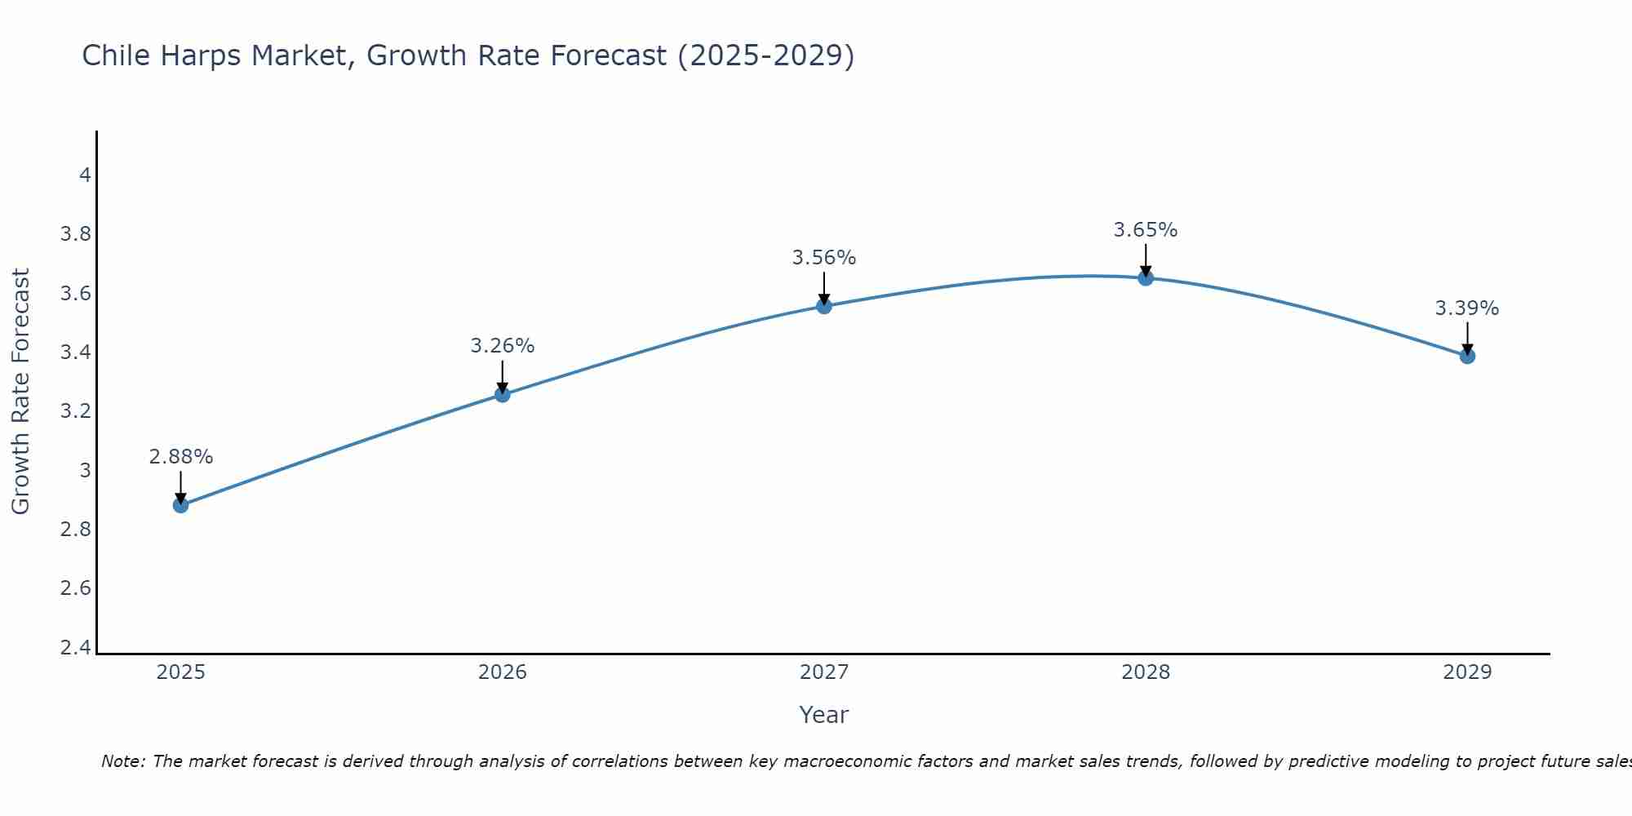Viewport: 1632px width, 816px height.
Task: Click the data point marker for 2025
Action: [x=181, y=505]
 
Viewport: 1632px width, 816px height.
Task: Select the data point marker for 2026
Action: [x=503, y=395]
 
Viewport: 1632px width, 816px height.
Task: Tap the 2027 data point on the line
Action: [x=824, y=306]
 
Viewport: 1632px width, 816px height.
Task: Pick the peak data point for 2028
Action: [x=1146, y=278]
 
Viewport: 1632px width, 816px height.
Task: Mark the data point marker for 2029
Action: [x=1467, y=356]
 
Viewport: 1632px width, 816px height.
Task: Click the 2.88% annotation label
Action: [x=181, y=457]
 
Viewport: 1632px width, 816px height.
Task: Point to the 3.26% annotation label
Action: [x=503, y=346]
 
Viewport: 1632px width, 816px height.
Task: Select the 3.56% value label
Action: [x=824, y=258]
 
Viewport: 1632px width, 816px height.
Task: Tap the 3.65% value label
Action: [x=1146, y=230]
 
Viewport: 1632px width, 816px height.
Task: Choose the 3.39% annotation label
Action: [x=1467, y=308]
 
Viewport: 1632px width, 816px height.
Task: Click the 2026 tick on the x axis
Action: [x=503, y=672]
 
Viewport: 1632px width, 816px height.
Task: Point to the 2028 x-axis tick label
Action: [x=1146, y=672]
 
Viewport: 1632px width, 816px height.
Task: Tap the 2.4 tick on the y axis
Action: [x=76, y=648]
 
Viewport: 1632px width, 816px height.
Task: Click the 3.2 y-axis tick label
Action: [x=76, y=411]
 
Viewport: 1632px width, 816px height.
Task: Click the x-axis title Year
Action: [x=824, y=715]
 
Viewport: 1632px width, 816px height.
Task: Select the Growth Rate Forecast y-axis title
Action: [x=20, y=391]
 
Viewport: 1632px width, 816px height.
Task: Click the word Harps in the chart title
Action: [x=202, y=55]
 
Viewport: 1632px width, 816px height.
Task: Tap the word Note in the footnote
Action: [x=122, y=761]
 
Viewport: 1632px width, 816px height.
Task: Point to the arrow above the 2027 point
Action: [x=824, y=288]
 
